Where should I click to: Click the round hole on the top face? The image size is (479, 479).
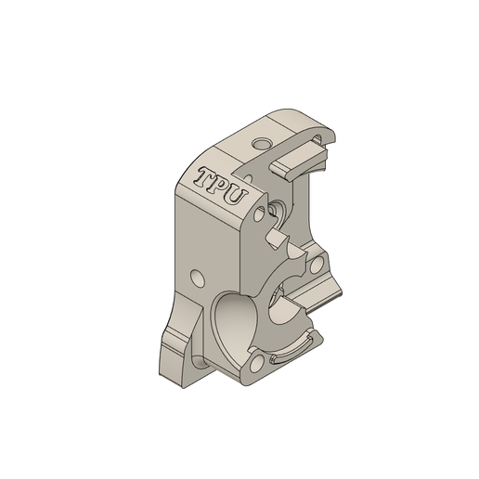[262, 144]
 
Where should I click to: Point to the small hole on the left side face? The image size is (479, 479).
[197, 277]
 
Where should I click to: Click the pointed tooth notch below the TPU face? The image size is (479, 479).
[275, 239]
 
